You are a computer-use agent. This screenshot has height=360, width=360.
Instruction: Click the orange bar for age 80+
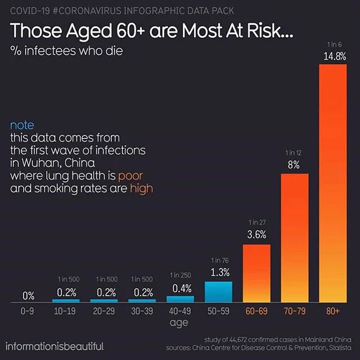333,183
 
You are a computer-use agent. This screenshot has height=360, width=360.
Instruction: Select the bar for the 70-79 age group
295,238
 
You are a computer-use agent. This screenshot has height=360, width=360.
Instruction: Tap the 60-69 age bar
256,273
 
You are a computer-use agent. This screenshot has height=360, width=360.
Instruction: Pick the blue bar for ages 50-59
218,292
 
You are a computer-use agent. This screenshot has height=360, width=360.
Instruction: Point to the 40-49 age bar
180,299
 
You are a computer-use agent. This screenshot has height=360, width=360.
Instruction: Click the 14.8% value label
335,56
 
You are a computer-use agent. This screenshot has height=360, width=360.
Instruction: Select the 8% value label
294,165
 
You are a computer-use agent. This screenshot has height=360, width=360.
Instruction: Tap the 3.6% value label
256,235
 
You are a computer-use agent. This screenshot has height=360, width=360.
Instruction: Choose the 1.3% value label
220,272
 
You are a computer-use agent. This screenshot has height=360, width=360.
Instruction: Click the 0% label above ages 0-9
29,296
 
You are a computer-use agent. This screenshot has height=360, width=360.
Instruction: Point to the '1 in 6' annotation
335,44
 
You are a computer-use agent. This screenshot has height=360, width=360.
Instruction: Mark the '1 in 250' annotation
180,275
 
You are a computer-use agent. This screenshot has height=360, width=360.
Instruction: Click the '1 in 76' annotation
220,260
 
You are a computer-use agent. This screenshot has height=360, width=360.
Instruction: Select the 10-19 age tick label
65,311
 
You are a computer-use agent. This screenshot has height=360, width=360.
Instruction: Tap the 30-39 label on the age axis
142,311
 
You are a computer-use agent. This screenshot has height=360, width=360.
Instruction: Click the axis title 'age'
179,323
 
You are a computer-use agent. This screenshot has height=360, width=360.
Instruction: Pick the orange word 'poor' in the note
130,176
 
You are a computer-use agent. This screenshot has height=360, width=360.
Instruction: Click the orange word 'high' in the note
141,189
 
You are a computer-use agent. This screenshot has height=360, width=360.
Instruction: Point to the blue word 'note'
22,125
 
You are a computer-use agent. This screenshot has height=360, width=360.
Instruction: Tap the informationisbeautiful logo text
55,346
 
